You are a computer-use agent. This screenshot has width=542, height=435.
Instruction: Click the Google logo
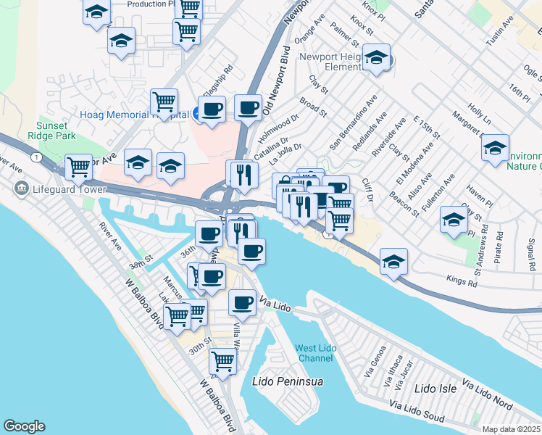[24, 426]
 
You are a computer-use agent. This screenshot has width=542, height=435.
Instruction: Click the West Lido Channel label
[315, 354]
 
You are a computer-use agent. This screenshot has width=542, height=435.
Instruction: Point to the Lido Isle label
[435, 389]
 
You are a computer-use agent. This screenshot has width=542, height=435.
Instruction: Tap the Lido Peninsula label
[286, 381]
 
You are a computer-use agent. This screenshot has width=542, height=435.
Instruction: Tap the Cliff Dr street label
[369, 189]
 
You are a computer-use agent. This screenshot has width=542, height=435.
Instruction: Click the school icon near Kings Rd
[393, 262]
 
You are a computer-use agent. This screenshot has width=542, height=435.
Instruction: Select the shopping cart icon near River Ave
[79, 166]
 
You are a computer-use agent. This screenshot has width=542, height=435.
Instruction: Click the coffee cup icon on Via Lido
[243, 302]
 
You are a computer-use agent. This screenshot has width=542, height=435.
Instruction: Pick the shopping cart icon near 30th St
[222, 361]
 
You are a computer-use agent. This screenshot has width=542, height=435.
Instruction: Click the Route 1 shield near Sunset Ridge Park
[34, 157]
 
